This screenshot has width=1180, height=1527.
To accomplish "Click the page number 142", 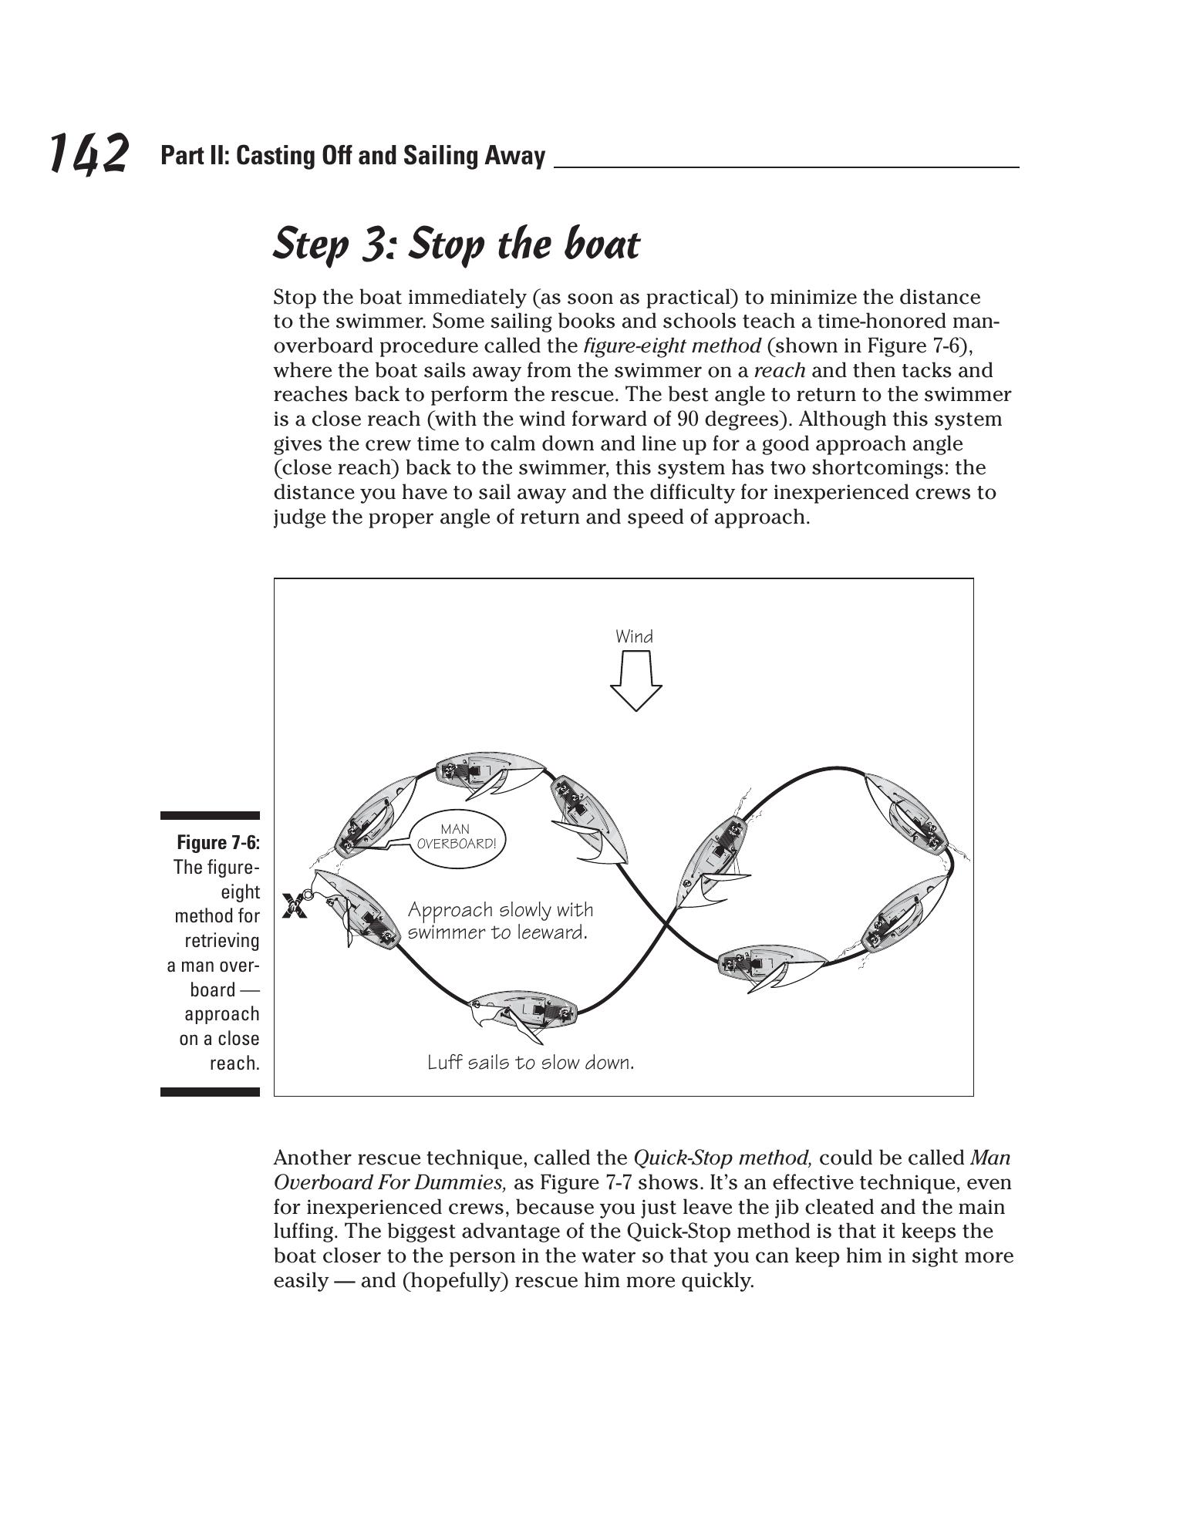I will click(88, 153).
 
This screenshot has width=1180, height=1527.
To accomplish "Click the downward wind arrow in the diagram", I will click(636, 679).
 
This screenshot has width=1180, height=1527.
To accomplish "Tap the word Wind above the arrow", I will click(634, 637).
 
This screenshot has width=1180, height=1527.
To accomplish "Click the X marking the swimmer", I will click(294, 905).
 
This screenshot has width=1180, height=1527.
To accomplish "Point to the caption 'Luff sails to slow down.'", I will click(531, 1063).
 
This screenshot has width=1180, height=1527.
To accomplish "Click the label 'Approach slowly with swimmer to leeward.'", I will click(500, 921).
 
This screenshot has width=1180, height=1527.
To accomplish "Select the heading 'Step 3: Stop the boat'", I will click(457, 244).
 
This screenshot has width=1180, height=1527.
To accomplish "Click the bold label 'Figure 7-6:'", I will click(218, 842).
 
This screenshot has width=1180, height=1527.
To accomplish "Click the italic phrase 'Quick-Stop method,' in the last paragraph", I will click(723, 1158).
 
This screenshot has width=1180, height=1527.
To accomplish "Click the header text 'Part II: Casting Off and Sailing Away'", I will click(352, 157).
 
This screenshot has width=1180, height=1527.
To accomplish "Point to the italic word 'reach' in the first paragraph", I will click(779, 371).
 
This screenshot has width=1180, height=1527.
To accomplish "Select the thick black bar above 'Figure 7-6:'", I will click(210, 815).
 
